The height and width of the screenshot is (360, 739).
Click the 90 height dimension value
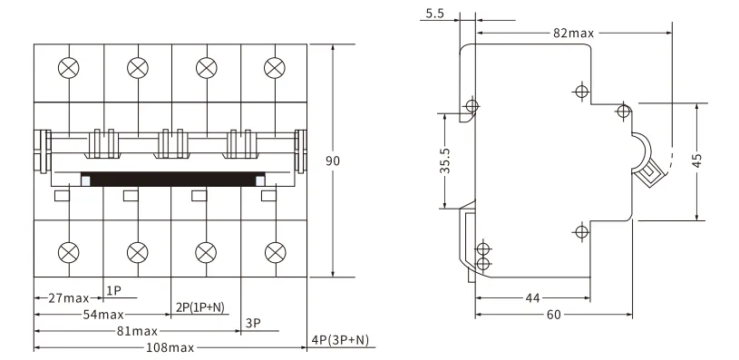tap(332, 161)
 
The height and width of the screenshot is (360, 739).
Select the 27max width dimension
tap(69, 297)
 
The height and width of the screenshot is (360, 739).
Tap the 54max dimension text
tap(103, 315)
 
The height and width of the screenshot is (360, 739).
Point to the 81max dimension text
tap(137, 331)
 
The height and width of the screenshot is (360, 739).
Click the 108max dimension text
tap(170, 347)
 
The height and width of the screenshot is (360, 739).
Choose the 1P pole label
tap(113, 291)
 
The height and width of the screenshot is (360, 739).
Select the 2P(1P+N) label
tap(199, 307)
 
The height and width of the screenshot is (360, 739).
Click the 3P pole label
tap(254, 323)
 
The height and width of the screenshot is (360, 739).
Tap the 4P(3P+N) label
tap(341, 340)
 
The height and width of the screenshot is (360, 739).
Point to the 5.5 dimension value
tap(434, 14)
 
